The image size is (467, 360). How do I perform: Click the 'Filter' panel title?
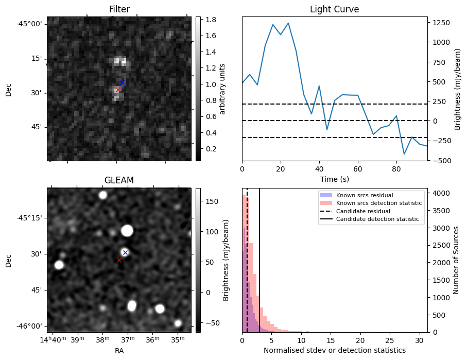[x=119, y=9]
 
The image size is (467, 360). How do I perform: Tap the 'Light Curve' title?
[x=334, y=9]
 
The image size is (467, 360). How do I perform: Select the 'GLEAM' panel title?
[x=119, y=180]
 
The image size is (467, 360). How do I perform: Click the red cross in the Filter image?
[x=118, y=90]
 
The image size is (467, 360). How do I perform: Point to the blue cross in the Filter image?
[x=122, y=82]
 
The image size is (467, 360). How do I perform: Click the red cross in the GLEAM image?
[x=119, y=260]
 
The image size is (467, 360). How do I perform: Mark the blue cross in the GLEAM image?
[x=125, y=252]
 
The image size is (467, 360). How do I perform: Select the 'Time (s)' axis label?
[x=334, y=178]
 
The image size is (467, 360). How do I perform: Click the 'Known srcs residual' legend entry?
[x=364, y=196]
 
